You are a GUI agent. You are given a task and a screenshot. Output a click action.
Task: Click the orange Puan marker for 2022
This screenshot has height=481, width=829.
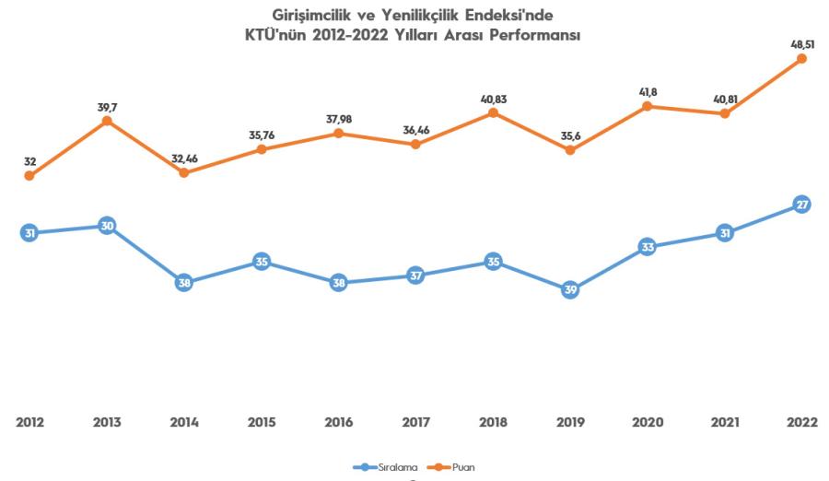801,59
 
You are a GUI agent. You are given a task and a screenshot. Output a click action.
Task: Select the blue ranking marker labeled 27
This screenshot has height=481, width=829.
801,205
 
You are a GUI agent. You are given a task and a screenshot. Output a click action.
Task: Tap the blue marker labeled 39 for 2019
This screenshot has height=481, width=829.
570,290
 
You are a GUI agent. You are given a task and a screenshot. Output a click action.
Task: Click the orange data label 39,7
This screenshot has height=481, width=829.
107,107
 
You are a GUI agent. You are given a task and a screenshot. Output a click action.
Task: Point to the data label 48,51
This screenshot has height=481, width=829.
800,42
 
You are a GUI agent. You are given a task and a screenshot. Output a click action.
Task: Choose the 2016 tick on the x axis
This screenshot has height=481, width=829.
338,422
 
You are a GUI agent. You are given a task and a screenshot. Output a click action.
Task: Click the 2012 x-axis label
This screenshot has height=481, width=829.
29,422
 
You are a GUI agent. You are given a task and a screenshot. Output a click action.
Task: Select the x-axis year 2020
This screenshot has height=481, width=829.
648,422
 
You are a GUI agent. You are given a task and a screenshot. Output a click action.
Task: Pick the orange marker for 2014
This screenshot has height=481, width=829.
184,172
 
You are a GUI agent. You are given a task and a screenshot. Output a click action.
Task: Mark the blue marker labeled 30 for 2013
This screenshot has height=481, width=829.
107,227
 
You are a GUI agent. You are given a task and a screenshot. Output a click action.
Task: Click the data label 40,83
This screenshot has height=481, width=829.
493,98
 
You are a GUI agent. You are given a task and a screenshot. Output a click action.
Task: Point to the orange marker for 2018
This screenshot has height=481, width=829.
493,112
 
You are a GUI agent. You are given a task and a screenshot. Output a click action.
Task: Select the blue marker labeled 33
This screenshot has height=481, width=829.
648,247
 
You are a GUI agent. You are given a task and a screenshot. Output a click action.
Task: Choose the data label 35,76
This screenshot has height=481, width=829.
262,134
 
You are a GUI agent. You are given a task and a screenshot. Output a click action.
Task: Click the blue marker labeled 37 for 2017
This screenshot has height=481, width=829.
415,276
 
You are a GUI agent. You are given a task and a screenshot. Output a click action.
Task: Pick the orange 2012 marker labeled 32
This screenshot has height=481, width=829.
29,175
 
